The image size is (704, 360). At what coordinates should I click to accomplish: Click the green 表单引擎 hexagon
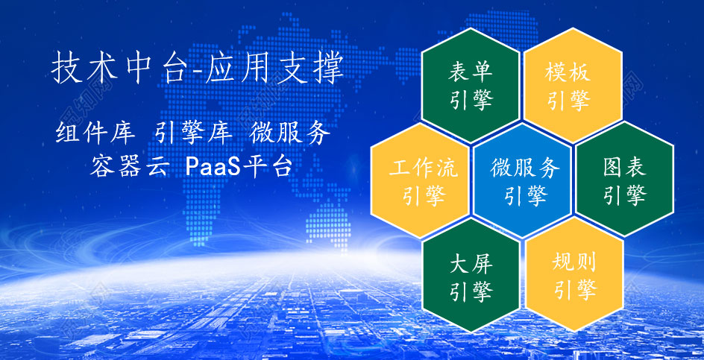pyautogui.click(x=471, y=85)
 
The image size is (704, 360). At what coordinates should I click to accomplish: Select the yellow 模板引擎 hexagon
pyautogui.click(x=573, y=85)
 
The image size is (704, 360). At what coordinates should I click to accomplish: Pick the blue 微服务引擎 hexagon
pyautogui.click(x=522, y=180)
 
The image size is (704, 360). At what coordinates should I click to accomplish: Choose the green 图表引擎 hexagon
pyautogui.click(x=624, y=179)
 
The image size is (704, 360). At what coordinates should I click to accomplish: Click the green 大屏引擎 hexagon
pyautogui.click(x=471, y=275)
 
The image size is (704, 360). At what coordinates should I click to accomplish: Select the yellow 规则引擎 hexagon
pyautogui.click(x=574, y=274)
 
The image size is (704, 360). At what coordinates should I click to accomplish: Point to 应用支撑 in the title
pyautogui.click(x=274, y=69)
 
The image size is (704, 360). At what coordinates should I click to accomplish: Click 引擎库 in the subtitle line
pyautogui.click(x=193, y=133)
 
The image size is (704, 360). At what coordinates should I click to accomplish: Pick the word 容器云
pyautogui.click(x=129, y=166)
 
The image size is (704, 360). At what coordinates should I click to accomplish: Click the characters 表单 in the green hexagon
pyautogui.click(x=471, y=72)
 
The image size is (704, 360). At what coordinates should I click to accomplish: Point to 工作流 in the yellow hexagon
pyautogui.click(x=424, y=168)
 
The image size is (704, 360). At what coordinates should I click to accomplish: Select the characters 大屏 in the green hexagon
pyautogui.click(x=471, y=264)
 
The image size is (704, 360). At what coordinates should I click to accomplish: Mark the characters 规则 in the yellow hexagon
pyautogui.click(x=575, y=262)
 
